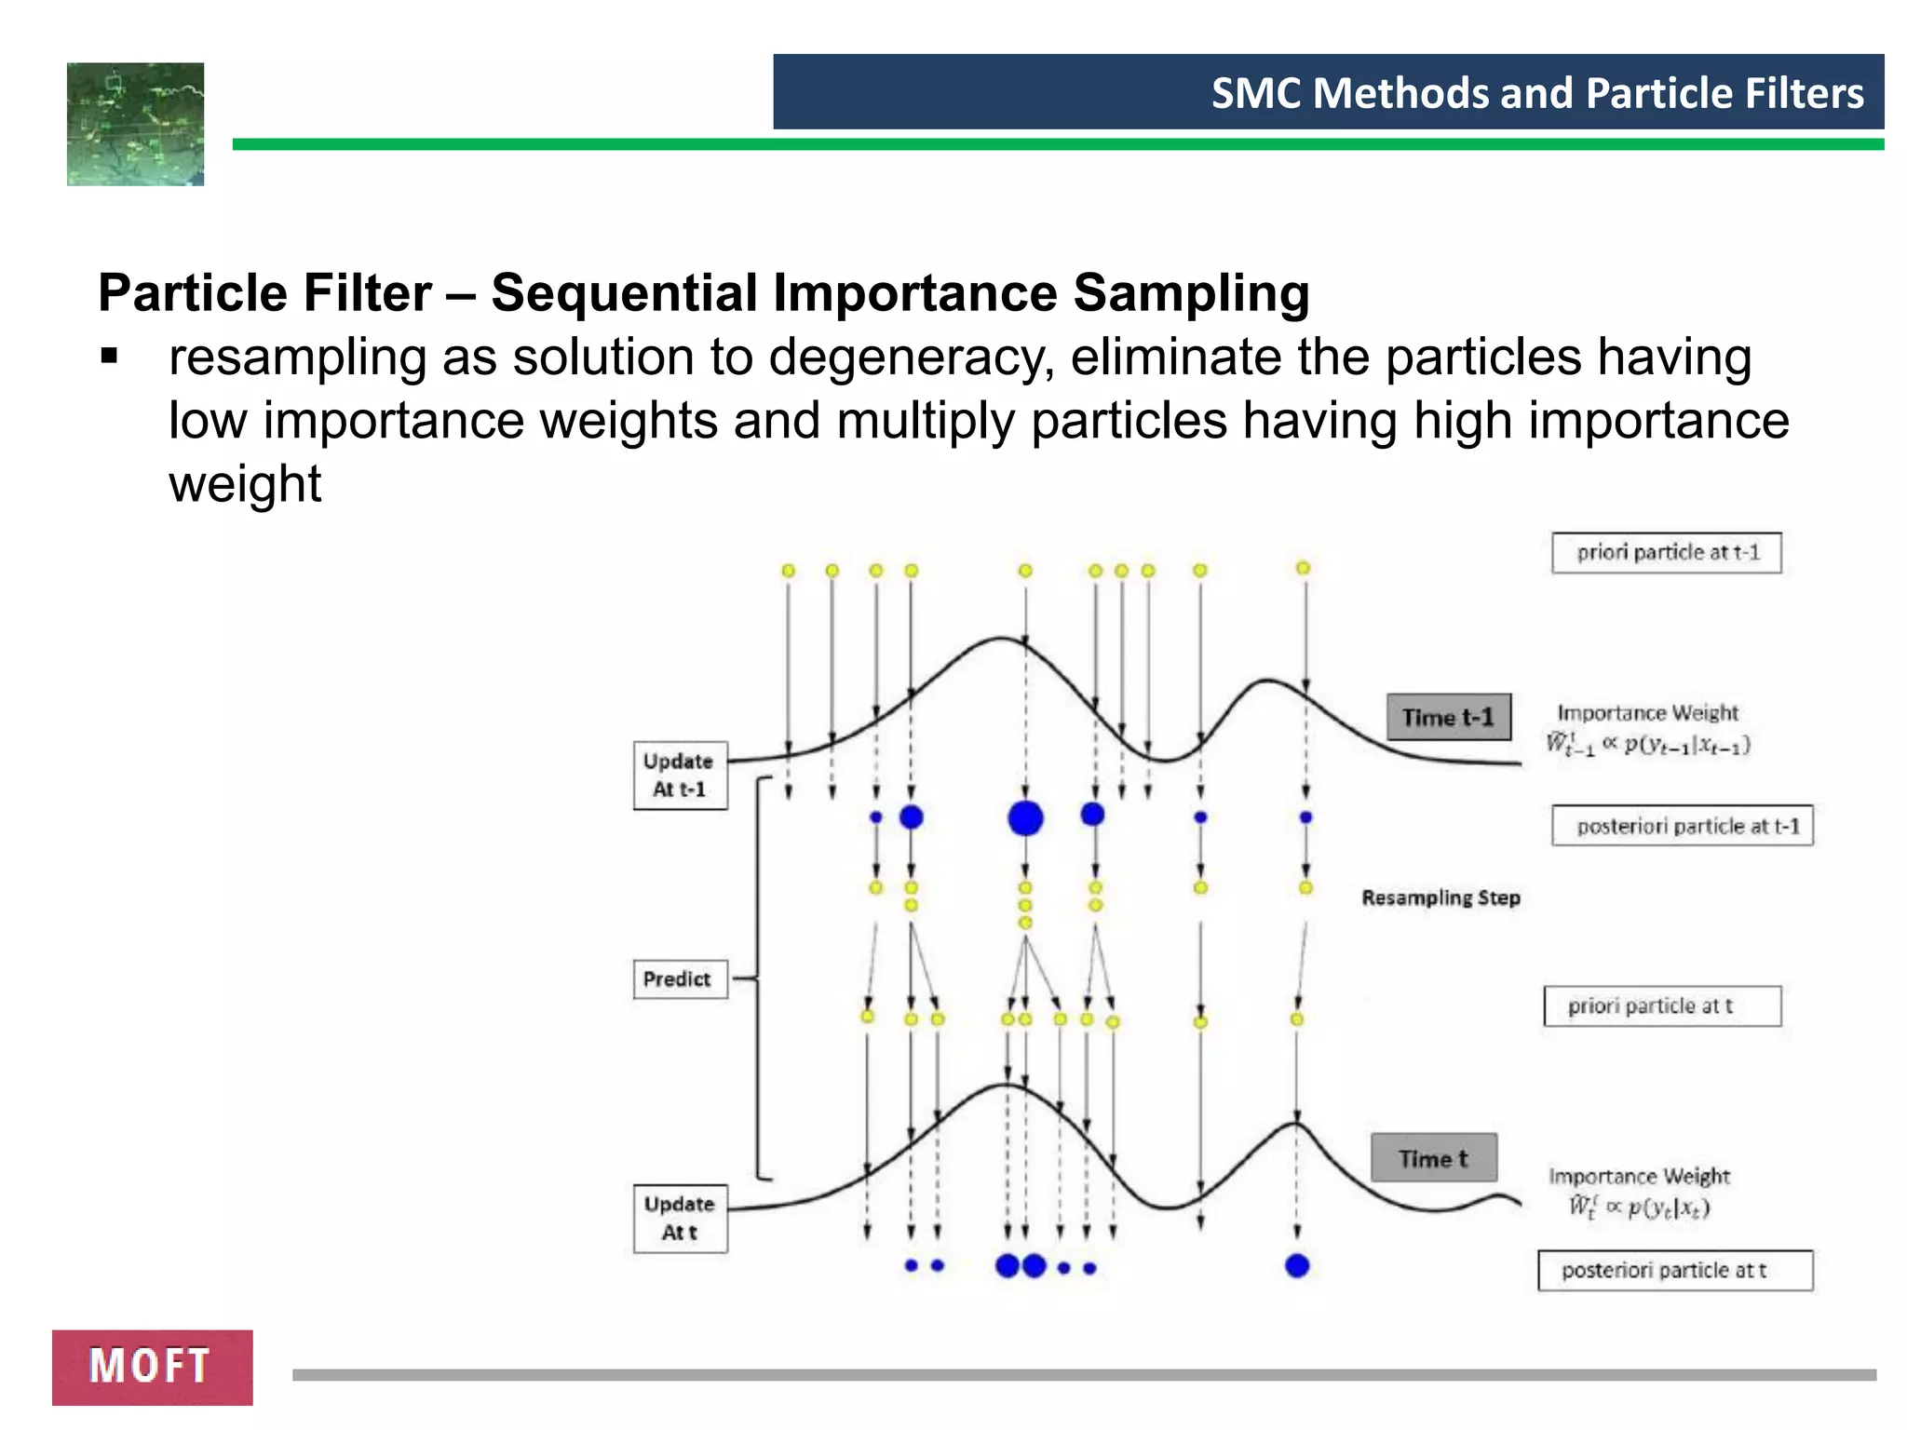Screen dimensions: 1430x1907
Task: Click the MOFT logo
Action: tap(152, 1367)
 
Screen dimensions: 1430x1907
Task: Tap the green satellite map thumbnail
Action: tap(135, 124)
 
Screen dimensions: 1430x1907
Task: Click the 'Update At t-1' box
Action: tap(680, 776)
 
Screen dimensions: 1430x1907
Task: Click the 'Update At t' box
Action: tap(680, 1218)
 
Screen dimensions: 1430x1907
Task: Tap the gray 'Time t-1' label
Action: tap(1448, 717)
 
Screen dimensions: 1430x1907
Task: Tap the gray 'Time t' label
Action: tap(1433, 1158)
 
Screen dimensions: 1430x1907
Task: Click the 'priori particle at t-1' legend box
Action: tap(1666, 553)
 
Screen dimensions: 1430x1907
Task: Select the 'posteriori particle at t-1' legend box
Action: tap(1682, 826)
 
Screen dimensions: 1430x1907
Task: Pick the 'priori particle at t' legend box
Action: tap(1662, 1006)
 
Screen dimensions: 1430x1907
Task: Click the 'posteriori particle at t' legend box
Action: tap(1674, 1271)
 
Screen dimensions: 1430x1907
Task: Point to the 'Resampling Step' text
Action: tap(1440, 898)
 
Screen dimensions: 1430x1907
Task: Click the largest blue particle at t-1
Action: tap(1025, 818)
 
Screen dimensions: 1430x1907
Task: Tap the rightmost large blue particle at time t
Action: tap(1297, 1266)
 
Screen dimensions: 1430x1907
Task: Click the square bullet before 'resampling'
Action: tap(110, 357)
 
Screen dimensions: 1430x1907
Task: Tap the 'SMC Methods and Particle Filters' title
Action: tap(1537, 93)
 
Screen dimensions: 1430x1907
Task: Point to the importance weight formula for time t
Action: tap(1639, 1207)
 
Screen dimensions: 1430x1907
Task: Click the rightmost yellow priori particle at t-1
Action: tap(1304, 568)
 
